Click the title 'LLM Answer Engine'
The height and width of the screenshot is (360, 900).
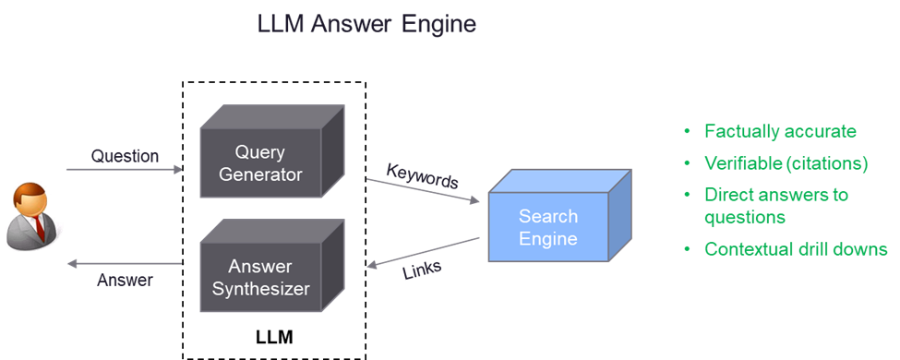click(x=367, y=23)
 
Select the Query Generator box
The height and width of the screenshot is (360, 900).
click(x=260, y=162)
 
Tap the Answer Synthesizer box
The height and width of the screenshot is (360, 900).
click(x=260, y=277)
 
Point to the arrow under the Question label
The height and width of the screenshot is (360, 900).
click(x=125, y=170)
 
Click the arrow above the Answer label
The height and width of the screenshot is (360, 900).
click(x=125, y=264)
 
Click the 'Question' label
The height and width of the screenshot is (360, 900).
click(x=125, y=156)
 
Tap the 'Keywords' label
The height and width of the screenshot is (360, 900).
click(x=422, y=174)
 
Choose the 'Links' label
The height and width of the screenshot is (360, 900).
click(x=423, y=270)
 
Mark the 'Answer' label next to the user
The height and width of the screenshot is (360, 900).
click(x=125, y=281)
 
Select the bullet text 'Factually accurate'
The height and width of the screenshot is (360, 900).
click(x=780, y=131)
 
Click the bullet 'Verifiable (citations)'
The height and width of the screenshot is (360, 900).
click(x=786, y=163)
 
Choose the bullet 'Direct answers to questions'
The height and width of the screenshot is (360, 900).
click(x=775, y=206)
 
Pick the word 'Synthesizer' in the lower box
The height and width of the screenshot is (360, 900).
click(x=260, y=288)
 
